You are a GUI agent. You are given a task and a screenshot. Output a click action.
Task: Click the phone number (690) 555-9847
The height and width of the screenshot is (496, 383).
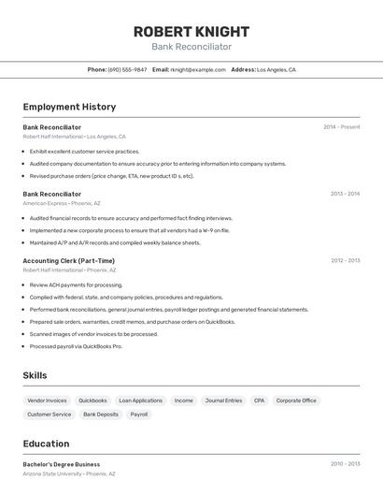tap(127, 69)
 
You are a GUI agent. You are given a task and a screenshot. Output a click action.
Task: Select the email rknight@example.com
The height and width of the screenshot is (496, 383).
tap(198, 69)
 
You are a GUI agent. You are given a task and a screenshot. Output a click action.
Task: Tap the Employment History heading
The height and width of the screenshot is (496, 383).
tap(69, 107)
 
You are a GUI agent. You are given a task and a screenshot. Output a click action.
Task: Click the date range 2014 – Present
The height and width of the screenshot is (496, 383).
tap(341, 127)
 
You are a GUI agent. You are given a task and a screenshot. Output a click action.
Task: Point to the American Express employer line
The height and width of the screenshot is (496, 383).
tap(62, 203)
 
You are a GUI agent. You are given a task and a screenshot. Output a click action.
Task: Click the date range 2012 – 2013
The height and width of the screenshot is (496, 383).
tap(345, 261)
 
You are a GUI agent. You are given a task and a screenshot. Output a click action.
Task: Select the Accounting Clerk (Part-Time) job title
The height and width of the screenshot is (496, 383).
tap(69, 261)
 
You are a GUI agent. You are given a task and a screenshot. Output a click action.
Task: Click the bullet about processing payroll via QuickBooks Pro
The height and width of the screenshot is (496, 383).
tap(76, 346)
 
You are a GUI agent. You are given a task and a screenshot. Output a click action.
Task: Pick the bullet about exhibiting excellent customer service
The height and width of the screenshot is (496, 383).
tap(84, 151)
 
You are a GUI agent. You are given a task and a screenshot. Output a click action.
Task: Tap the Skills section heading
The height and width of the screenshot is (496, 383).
tap(35, 375)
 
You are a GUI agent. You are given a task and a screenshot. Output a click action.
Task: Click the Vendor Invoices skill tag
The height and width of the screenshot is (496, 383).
tap(47, 401)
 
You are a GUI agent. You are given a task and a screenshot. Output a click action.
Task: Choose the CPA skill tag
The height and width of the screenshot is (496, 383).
tap(259, 401)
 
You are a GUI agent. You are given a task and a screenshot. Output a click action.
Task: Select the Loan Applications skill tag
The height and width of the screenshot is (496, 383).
tap(140, 401)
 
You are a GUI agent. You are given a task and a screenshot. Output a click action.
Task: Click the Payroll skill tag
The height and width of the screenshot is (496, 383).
tap(138, 414)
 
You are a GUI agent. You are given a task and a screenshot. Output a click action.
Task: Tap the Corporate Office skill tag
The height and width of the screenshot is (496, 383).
tap(296, 401)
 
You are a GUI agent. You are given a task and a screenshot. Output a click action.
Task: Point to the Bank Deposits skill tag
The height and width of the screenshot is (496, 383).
tap(101, 414)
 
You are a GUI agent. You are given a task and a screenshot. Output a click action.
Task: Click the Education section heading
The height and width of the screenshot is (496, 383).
tap(46, 444)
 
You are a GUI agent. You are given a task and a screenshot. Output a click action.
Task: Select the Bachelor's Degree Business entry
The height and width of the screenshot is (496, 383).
tap(62, 464)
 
